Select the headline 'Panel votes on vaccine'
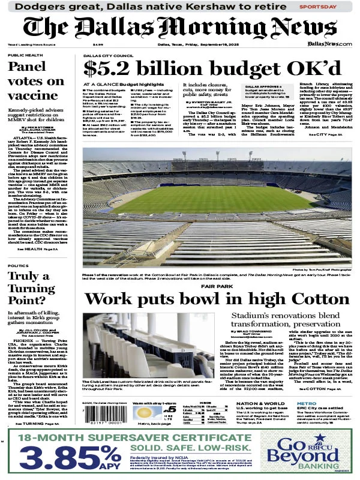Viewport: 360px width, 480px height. coord(35,80)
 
